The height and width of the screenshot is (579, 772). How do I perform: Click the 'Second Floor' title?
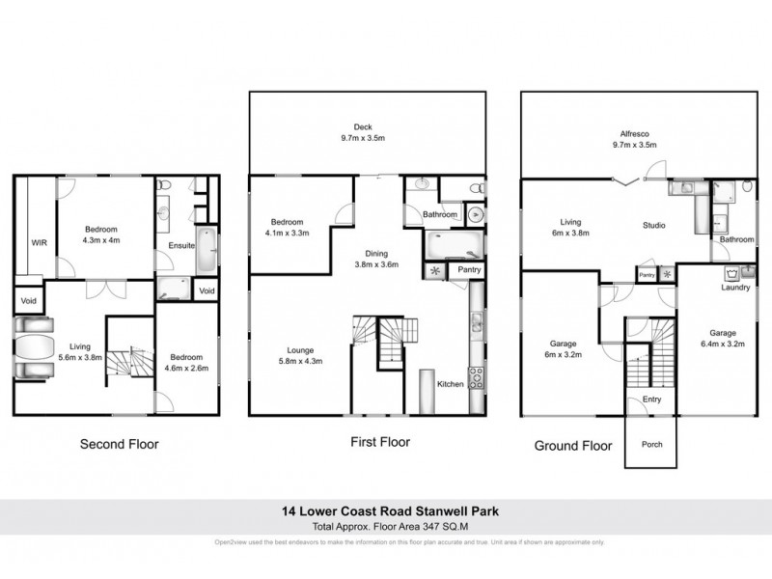click(x=119, y=445)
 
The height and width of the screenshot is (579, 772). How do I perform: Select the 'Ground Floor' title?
click(x=574, y=446)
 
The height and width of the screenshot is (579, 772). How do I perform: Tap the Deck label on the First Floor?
click(x=363, y=125)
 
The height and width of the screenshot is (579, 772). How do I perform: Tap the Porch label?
click(x=652, y=445)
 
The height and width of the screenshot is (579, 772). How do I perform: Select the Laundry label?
click(x=736, y=288)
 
